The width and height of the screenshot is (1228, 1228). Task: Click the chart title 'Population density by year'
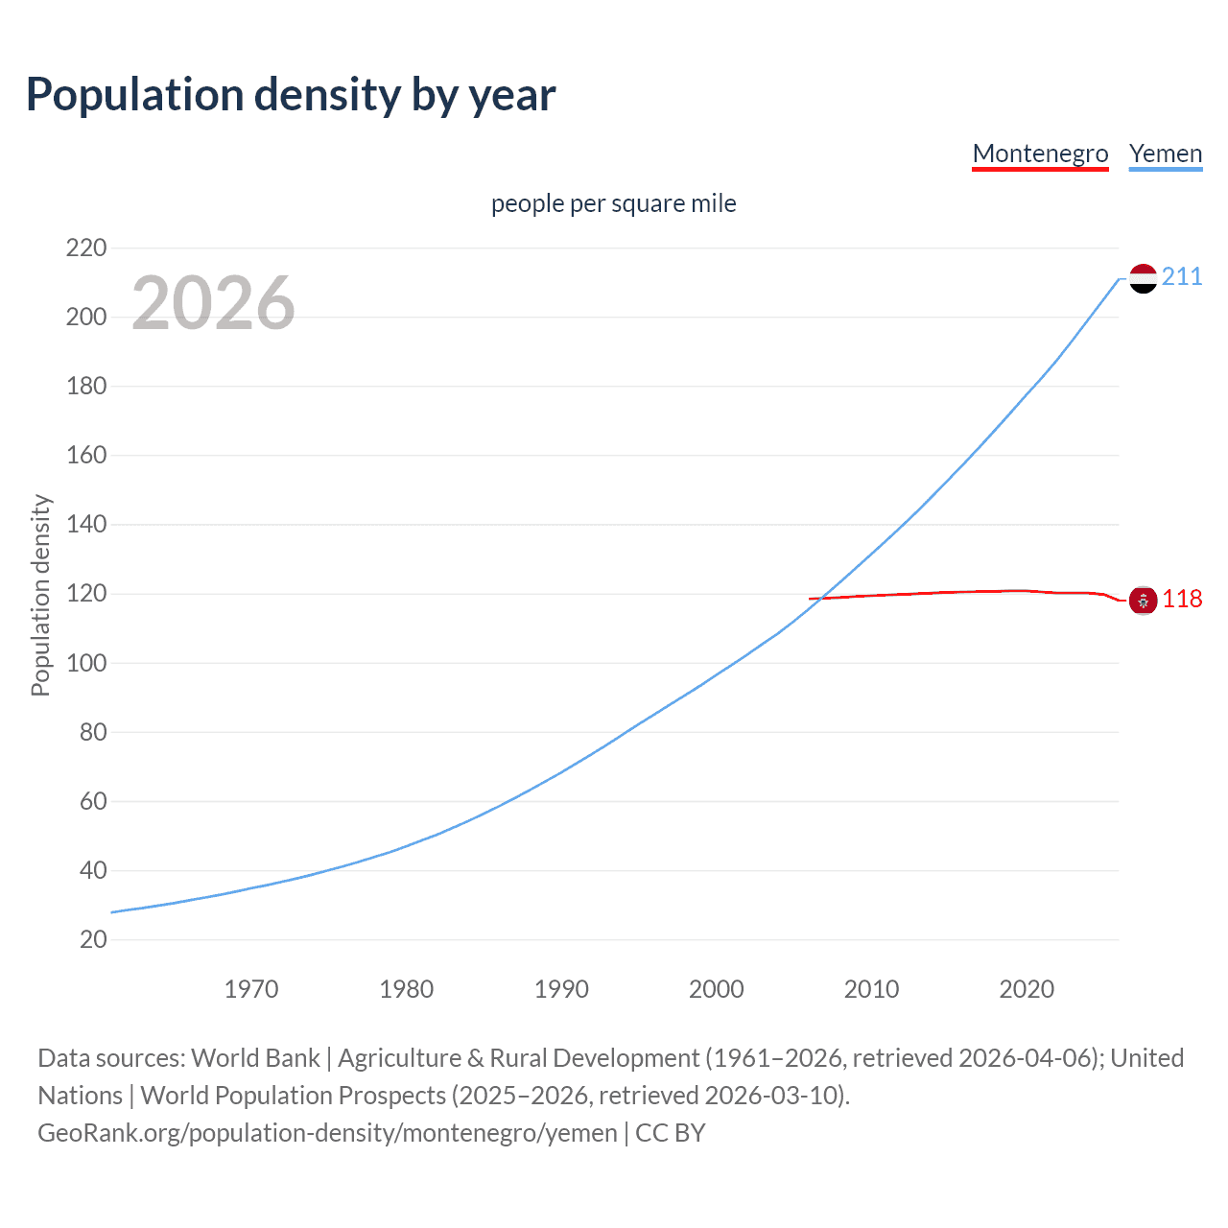point(291,95)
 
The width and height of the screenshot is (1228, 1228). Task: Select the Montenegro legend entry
point(1040,153)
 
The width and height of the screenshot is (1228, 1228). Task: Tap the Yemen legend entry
point(1166,153)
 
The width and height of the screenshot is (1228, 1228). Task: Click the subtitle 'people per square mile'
point(613,203)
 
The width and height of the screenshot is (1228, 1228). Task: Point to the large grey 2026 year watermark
point(213,303)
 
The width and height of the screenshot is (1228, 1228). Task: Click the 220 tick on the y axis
point(86,248)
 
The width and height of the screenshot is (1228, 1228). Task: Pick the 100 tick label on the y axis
point(86,663)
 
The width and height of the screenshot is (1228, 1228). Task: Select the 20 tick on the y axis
point(93,939)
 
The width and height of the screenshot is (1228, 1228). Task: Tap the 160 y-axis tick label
point(86,455)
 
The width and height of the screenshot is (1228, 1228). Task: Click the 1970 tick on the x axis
point(251,989)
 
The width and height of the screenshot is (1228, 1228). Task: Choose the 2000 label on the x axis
point(717,989)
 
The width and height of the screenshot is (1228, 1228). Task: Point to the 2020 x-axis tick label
point(1027,989)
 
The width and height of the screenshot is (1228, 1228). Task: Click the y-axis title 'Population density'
point(40,595)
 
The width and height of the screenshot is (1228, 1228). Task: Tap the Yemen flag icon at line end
point(1143,278)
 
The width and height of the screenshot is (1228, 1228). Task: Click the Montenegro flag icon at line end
point(1143,601)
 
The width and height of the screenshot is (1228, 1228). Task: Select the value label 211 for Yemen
point(1182,277)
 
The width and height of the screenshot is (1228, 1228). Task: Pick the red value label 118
point(1182,600)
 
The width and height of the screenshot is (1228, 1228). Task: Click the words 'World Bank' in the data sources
point(255,1058)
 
